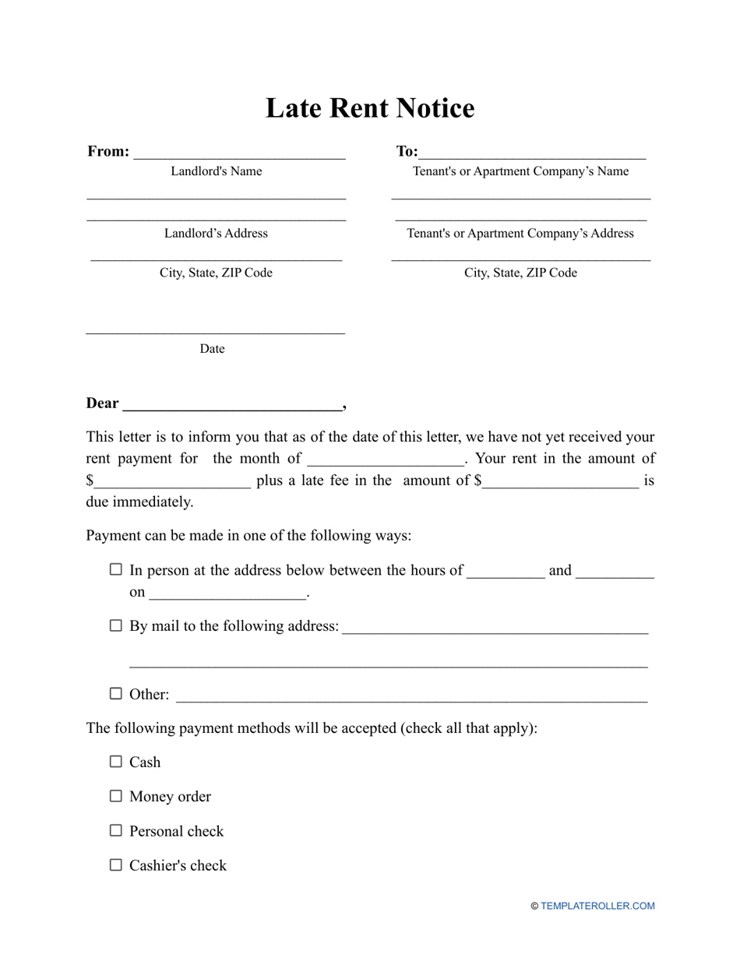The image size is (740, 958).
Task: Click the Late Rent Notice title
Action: [370, 108]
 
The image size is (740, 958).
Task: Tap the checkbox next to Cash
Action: [116, 762]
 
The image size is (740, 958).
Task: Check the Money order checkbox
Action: [116, 796]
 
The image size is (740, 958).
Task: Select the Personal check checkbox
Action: [116, 830]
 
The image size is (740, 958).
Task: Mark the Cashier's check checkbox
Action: [116, 865]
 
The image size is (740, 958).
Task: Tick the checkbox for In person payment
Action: [116, 570]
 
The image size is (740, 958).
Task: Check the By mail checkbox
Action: [116, 625]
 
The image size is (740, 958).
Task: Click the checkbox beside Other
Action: [116, 693]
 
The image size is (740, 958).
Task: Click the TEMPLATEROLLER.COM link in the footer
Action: [597, 906]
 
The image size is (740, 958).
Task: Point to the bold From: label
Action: [108, 152]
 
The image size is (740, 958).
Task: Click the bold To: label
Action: [407, 152]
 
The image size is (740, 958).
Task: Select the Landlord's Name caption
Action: [217, 171]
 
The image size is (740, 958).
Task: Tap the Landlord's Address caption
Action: [216, 234]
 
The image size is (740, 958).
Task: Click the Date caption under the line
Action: [212, 349]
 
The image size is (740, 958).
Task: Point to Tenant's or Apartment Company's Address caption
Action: [520, 234]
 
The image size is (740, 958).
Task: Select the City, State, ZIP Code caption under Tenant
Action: [520, 273]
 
